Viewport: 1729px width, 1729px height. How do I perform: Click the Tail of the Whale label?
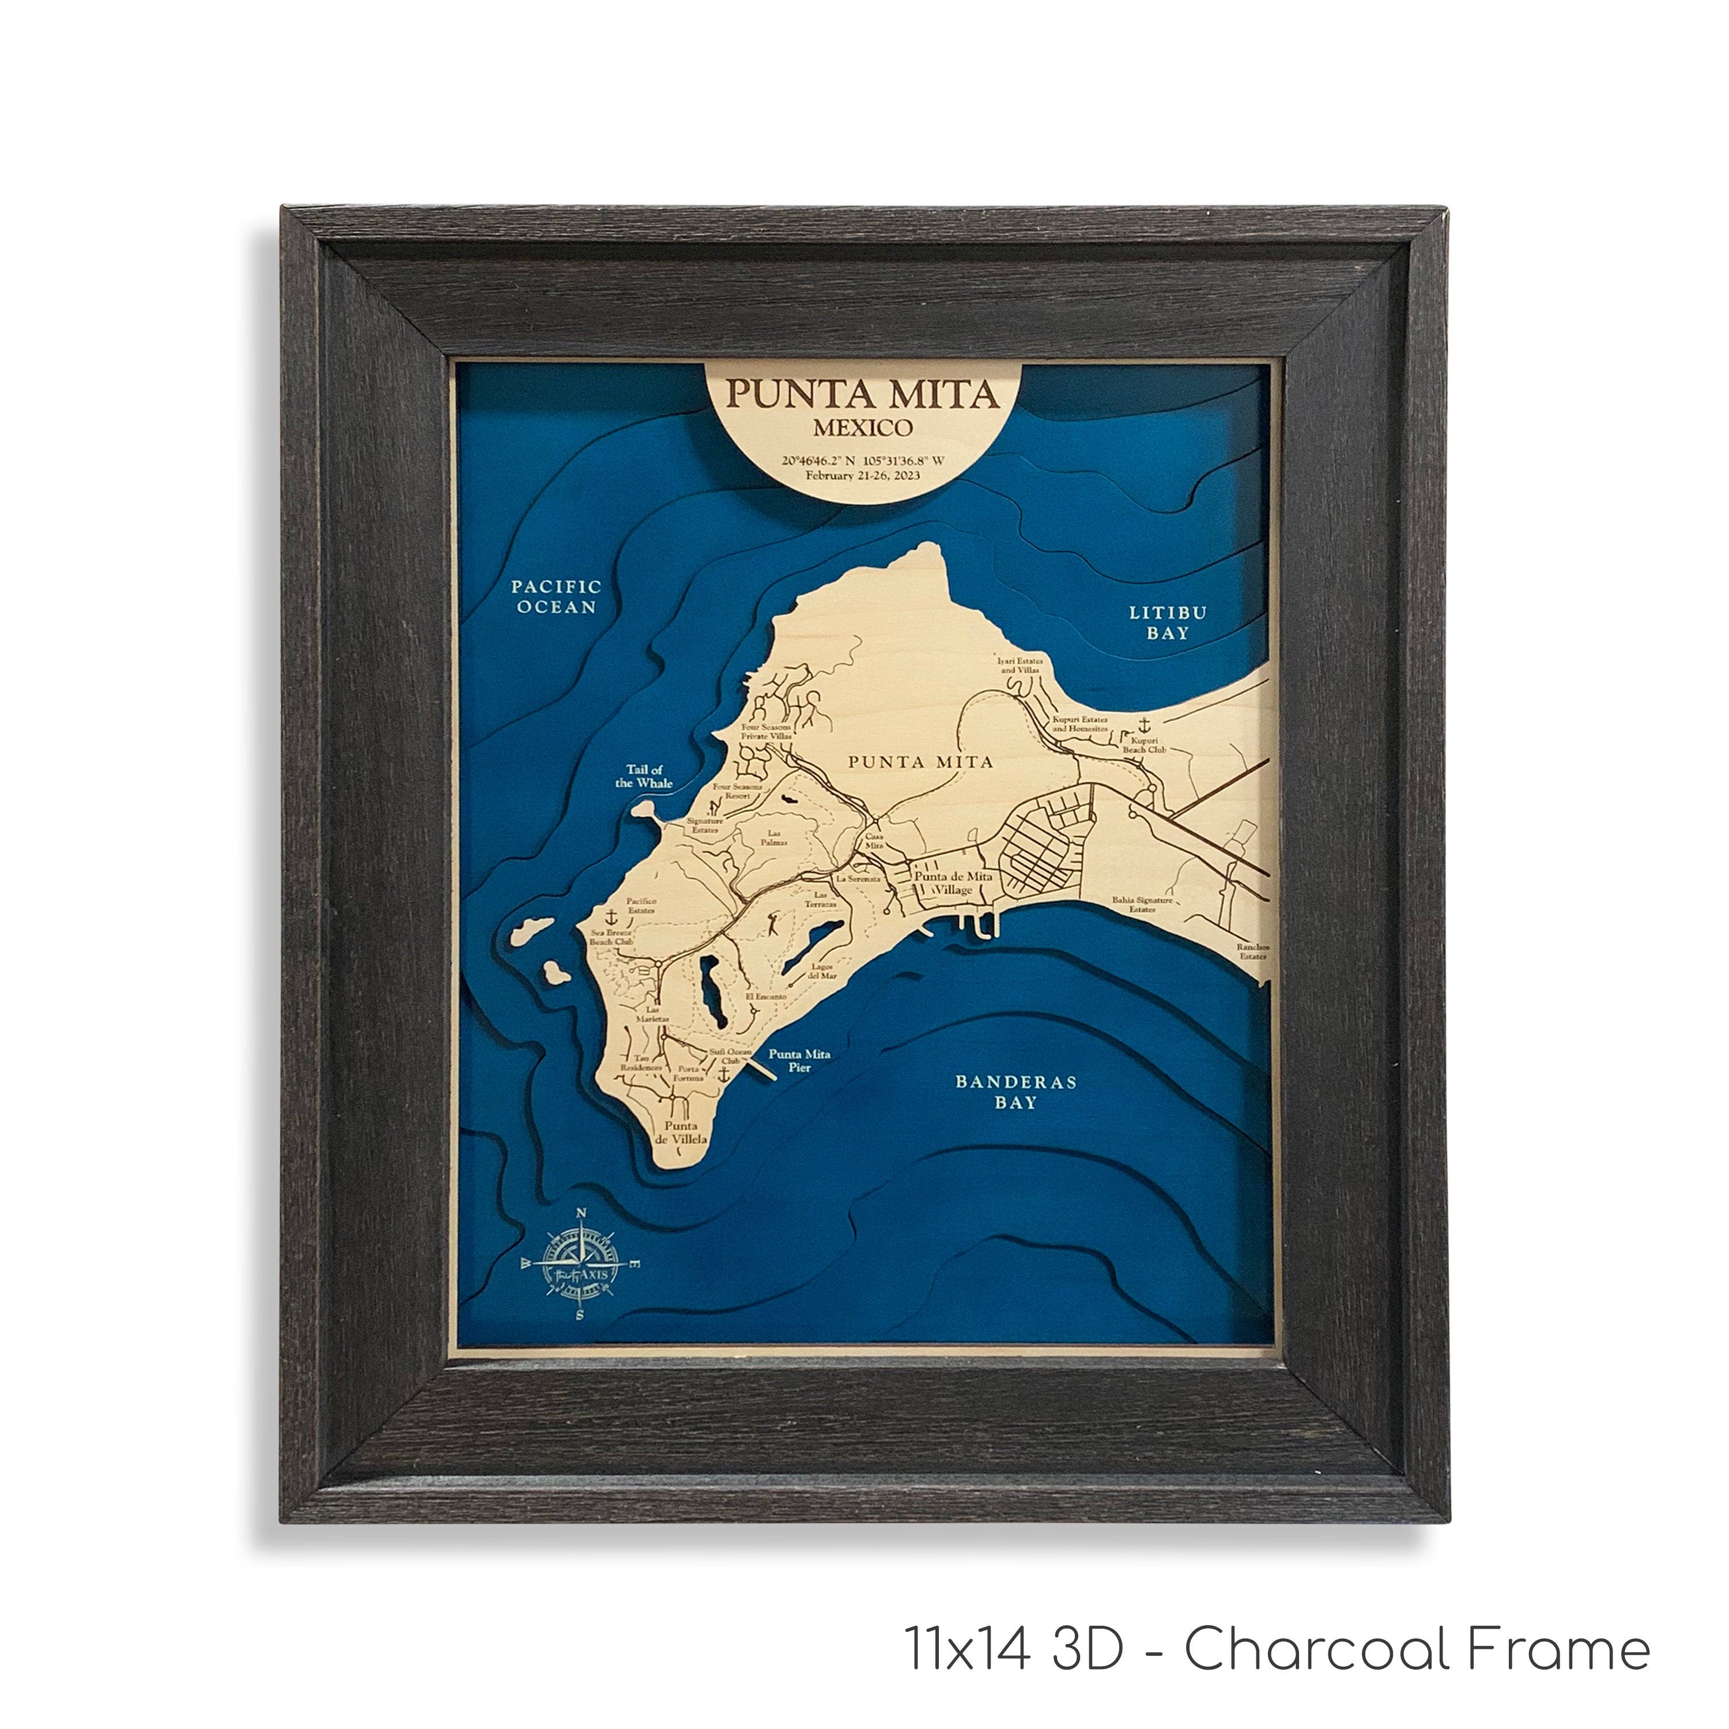click(643, 776)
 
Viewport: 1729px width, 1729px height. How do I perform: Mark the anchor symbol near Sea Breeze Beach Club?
click(611, 918)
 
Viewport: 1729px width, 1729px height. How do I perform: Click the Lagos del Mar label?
click(822, 971)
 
